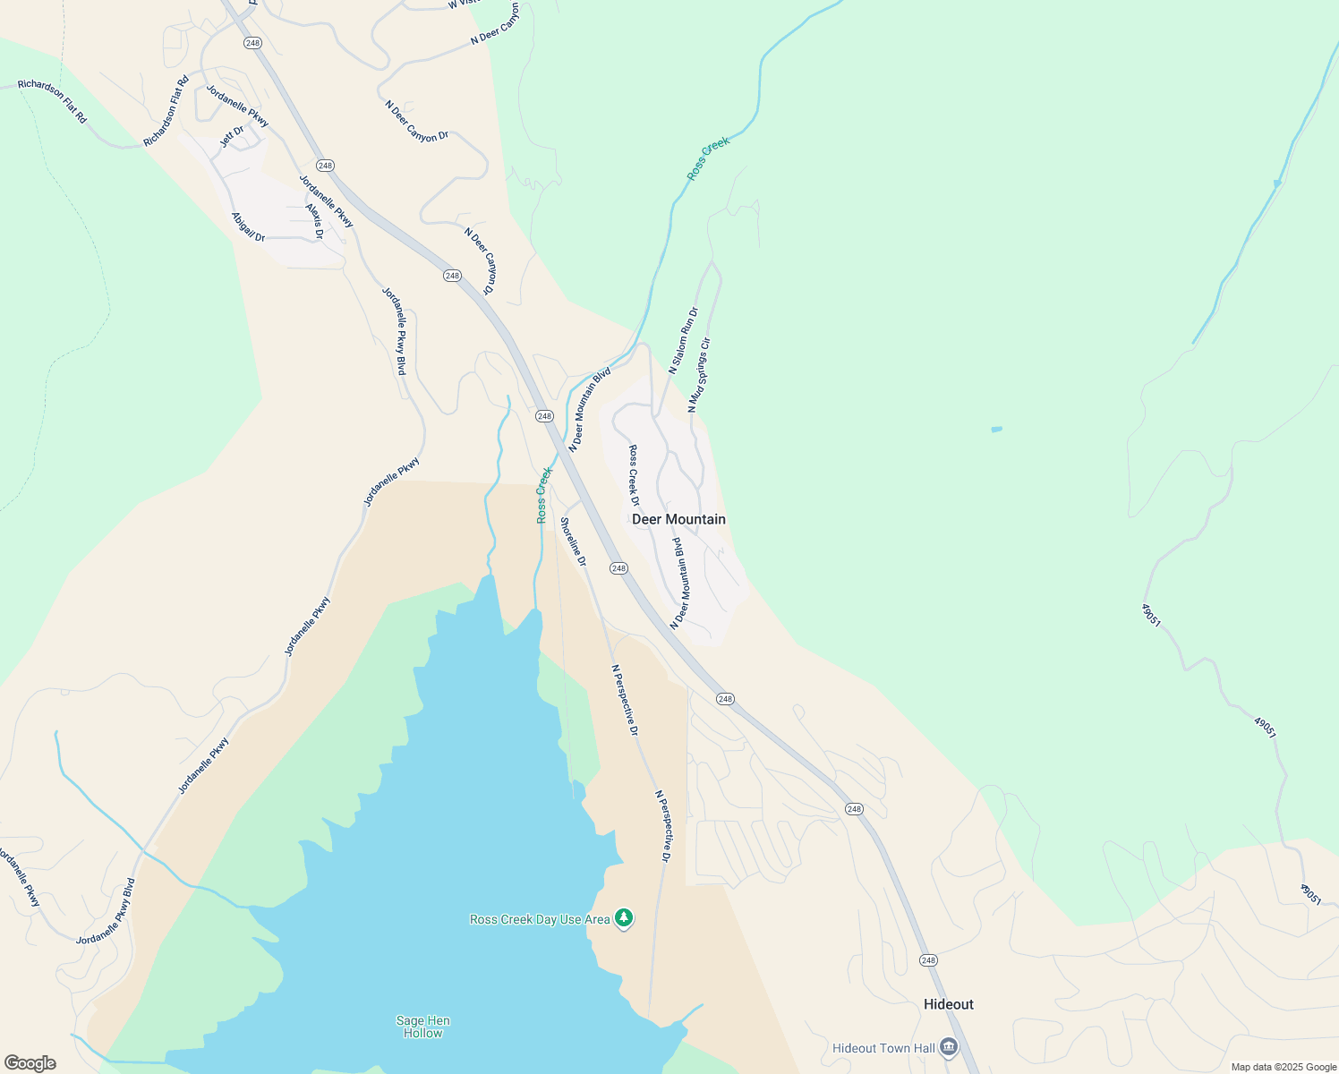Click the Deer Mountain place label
tap(678, 519)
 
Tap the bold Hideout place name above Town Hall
tap(948, 1004)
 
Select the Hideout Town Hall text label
tap(883, 1048)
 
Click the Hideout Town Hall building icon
tap(949, 1047)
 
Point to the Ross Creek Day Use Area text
tap(540, 919)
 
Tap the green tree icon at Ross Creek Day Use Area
tap(624, 918)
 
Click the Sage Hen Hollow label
tap(422, 1027)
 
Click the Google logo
tap(30, 1063)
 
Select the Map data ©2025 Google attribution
tap(1284, 1067)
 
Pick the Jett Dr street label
tap(232, 137)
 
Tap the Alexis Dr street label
tap(314, 221)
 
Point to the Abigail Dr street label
tap(248, 227)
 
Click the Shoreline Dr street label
tap(573, 541)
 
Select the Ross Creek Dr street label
tap(634, 470)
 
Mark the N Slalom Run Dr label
tap(683, 340)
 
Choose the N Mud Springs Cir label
tap(699, 375)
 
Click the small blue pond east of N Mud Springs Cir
tap(996, 430)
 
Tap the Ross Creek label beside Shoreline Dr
tap(543, 494)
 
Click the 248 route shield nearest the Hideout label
tap(927, 960)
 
